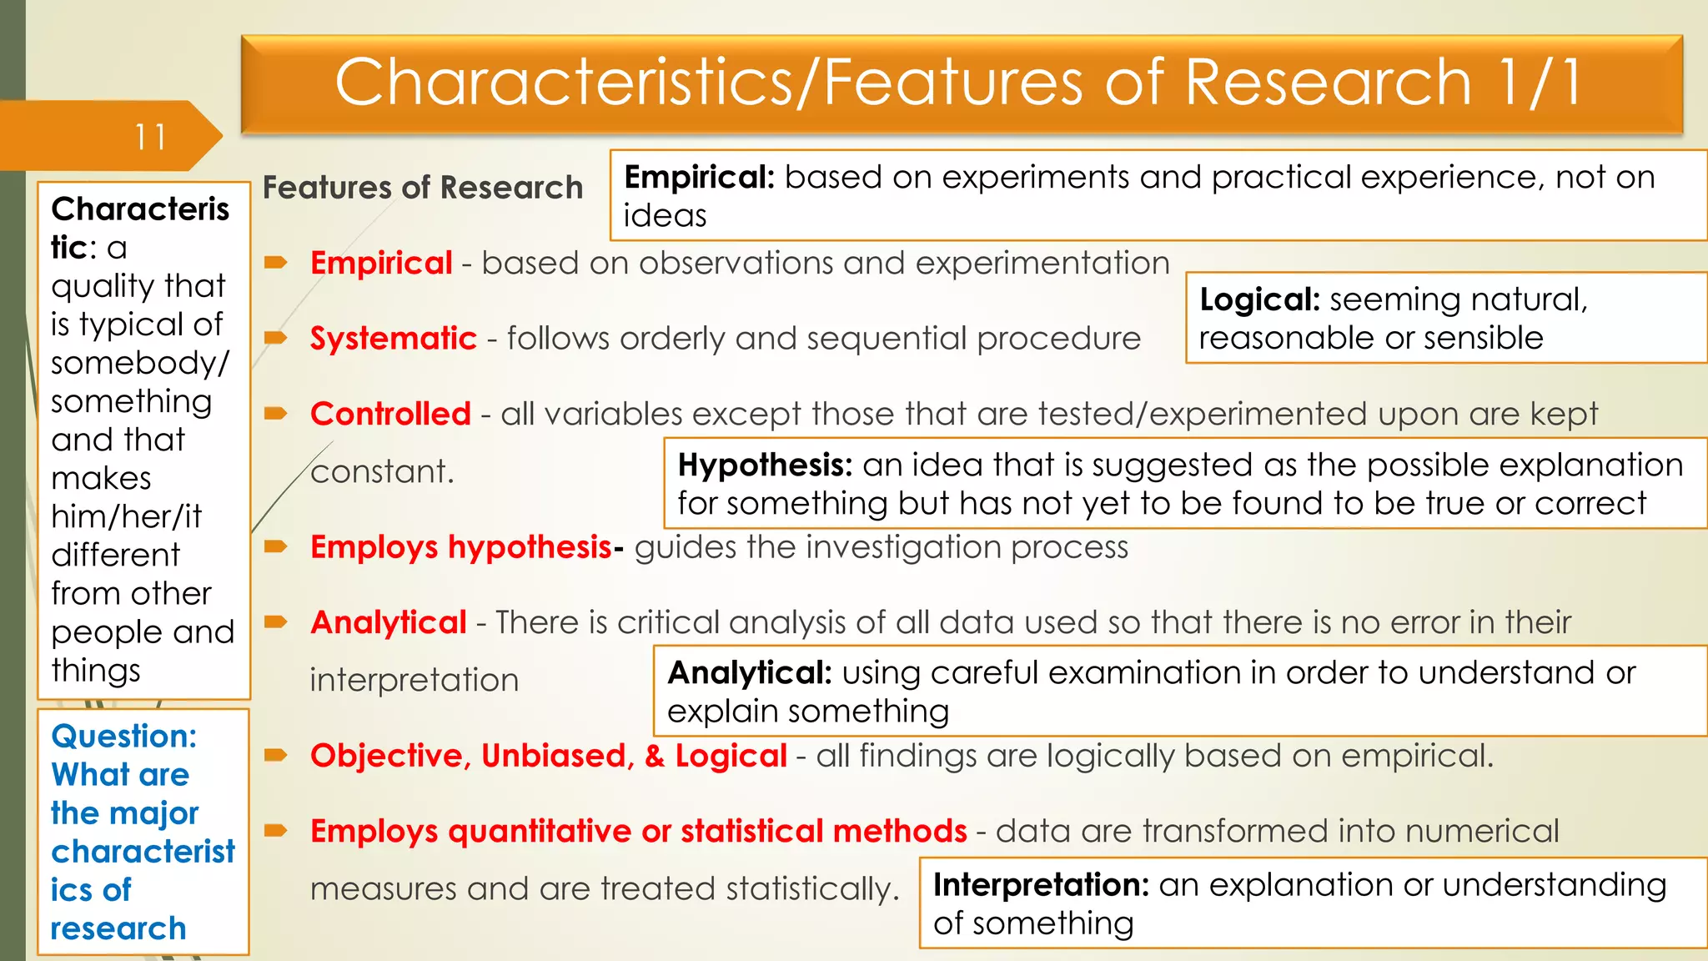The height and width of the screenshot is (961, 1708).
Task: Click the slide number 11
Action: (151, 137)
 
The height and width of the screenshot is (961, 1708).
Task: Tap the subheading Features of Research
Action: (422, 188)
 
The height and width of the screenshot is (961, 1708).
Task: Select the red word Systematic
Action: (393, 339)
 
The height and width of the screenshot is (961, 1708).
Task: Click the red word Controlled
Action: (390, 414)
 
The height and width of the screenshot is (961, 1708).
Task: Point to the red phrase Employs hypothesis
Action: (461, 547)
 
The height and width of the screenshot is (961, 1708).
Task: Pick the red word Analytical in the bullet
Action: (388, 622)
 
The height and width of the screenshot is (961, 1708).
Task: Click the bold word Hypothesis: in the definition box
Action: (765, 465)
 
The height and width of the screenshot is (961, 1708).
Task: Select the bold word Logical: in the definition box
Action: (1259, 299)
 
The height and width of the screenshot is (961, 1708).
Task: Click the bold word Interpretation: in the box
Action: (1041, 885)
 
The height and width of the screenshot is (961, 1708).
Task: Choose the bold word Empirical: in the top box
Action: (699, 178)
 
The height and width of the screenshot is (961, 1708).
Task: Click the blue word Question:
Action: (123, 737)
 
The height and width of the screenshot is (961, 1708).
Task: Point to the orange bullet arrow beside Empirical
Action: (276, 264)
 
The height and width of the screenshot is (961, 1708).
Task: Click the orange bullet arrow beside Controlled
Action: (276, 414)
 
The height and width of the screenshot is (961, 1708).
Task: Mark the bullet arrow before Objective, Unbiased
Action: (276, 756)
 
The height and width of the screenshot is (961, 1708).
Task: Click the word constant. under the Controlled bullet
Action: (382, 472)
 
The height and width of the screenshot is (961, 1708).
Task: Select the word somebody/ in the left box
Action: (139, 364)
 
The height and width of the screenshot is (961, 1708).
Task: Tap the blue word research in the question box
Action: (118, 928)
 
